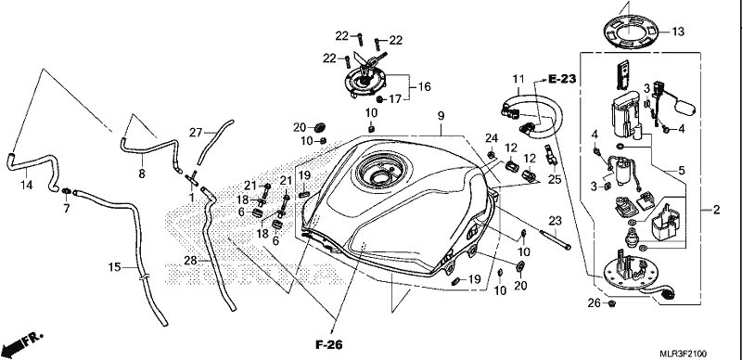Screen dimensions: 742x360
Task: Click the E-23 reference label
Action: click(x=563, y=79)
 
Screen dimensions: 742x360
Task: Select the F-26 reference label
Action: click(x=329, y=344)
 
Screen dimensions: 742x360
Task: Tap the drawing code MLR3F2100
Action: click(x=684, y=354)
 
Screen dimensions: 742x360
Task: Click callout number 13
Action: click(x=678, y=32)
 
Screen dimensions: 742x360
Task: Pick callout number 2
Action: click(x=716, y=210)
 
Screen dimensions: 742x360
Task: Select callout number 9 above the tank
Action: click(x=441, y=115)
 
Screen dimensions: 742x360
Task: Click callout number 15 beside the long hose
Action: click(x=114, y=267)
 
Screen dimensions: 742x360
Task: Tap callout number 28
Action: click(x=190, y=260)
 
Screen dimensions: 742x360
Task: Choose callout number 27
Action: click(x=196, y=133)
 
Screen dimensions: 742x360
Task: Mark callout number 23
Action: click(x=555, y=220)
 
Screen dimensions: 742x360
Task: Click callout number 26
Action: click(x=594, y=302)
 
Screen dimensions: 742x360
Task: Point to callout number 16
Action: click(x=425, y=86)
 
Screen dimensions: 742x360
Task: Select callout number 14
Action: click(x=27, y=186)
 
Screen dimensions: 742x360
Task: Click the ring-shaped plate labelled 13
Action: click(x=630, y=32)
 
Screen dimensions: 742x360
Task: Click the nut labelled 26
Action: click(x=611, y=303)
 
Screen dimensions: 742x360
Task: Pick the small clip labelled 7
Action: click(x=67, y=191)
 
